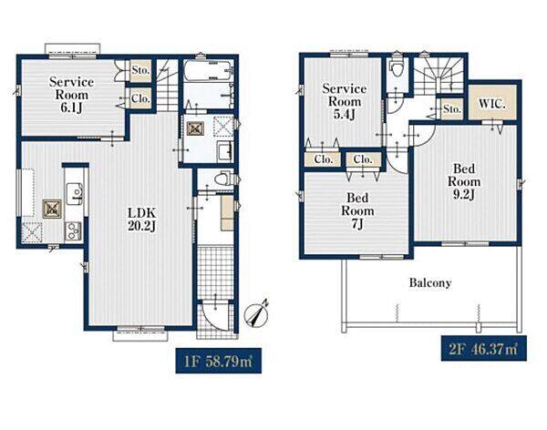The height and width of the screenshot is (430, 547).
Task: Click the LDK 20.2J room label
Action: tap(142, 220)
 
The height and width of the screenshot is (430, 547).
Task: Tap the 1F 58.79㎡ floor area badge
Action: tap(219, 361)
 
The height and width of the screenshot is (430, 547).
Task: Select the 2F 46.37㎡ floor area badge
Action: tap(484, 348)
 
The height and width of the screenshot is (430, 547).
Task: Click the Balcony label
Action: tap(430, 282)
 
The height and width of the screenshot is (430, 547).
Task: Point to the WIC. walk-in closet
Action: tap(492, 104)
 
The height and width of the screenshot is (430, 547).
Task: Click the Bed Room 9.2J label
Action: tap(464, 182)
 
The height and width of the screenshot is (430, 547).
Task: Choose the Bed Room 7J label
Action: tap(357, 210)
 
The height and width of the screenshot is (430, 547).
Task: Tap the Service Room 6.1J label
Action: tap(71, 95)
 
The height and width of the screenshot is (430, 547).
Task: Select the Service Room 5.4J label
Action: tap(345, 101)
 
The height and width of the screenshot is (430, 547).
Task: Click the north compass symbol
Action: tap(256, 314)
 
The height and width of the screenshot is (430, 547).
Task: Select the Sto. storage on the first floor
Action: tap(141, 71)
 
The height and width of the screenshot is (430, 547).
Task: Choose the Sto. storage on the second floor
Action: tap(452, 108)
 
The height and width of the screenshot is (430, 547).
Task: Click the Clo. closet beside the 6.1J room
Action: tap(141, 98)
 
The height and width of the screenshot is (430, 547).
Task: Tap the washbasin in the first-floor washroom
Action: tap(224, 151)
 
